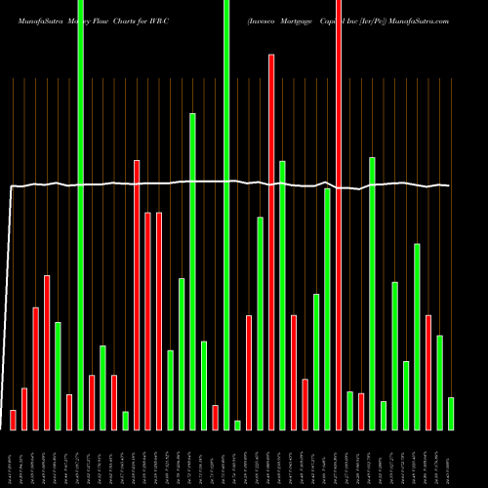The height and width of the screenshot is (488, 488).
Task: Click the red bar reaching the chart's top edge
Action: click(x=339, y=215)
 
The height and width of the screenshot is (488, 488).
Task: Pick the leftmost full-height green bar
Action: click(x=81, y=215)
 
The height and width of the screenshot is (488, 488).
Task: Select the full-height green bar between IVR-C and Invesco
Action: click(x=226, y=215)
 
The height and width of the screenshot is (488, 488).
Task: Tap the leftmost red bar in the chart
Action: click(x=13, y=420)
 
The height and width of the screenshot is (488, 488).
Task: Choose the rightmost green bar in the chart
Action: click(x=451, y=414)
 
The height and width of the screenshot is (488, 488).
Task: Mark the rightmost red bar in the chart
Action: click(x=428, y=372)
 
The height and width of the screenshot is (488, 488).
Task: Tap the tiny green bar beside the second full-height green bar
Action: click(x=237, y=425)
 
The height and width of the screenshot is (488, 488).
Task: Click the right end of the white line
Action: click(x=449, y=185)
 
